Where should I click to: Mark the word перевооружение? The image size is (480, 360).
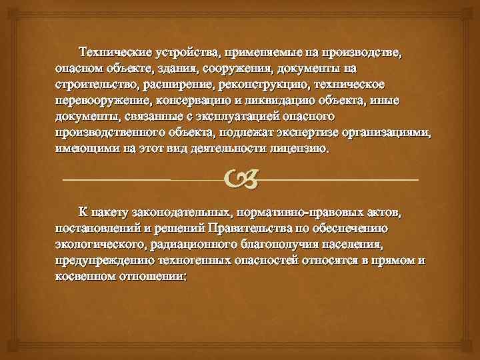click(x=104, y=101)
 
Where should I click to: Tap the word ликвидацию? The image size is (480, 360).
click(x=282, y=101)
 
